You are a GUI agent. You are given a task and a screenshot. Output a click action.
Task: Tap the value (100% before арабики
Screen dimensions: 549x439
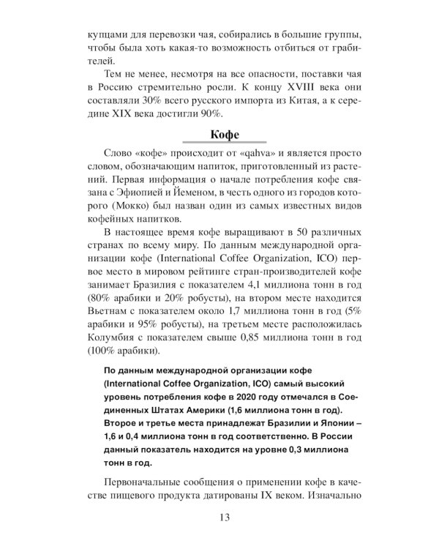99,369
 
